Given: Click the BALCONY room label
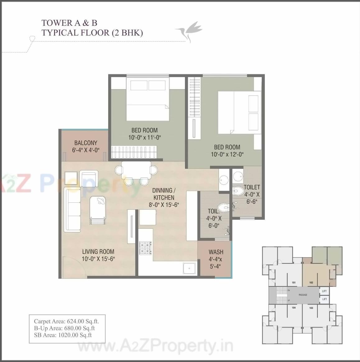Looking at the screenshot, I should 85,143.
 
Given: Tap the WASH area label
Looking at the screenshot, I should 216,252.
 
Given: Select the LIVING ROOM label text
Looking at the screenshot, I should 98,252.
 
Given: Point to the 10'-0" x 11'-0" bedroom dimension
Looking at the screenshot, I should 144,138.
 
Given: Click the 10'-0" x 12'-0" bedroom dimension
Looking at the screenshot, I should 227,154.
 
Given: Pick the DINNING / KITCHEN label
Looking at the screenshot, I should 164,194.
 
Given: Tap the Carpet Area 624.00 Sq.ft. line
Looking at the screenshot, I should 67,322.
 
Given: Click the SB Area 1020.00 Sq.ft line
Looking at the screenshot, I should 63,335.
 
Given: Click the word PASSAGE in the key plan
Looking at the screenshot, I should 302,295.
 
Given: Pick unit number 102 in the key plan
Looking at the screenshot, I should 311,283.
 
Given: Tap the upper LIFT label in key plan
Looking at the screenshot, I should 324,291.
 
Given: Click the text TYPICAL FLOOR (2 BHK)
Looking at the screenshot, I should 92,32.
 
